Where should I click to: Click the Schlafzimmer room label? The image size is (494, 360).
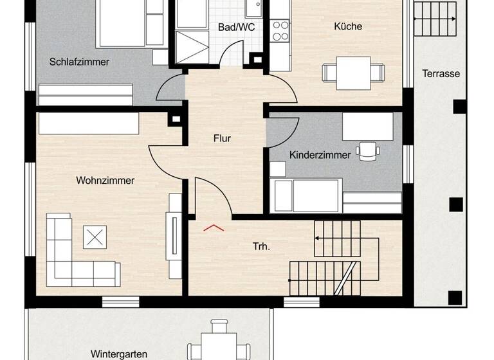[79, 62]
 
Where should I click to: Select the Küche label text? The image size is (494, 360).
[348, 26]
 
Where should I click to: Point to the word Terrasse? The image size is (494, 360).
[441, 74]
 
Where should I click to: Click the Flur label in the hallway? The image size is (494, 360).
[222, 138]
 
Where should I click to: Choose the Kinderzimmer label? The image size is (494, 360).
[320, 155]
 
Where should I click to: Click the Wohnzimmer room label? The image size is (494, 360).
[105, 181]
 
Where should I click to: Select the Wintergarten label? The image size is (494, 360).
[118, 354]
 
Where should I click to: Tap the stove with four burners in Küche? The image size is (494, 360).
[280, 30]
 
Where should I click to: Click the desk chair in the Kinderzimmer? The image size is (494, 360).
[368, 150]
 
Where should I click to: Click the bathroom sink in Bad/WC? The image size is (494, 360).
[253, 8]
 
